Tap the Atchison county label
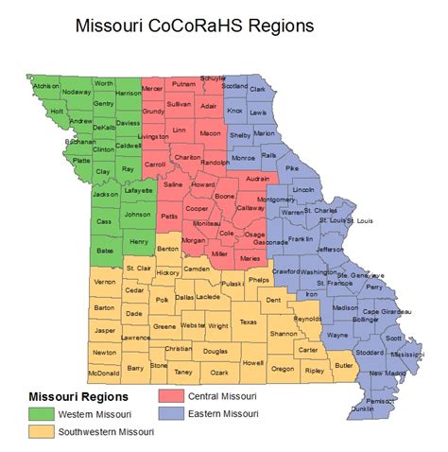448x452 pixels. click(x=47, y=85)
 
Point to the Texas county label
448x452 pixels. click(x=248, y=322)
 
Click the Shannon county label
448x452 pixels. click(x=283, y=334)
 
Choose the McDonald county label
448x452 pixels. click(x=103, y=373)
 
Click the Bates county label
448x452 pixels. click(x=106, y=250)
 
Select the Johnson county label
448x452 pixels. click(x=137, y=215)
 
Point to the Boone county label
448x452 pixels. click(x=224, y=196)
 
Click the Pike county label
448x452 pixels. click(x=292, y=167)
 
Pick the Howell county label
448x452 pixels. click(x=252, y=362)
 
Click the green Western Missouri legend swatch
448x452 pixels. click(x=41, y=413)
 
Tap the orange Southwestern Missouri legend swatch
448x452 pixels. click(x=41, y=431)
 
